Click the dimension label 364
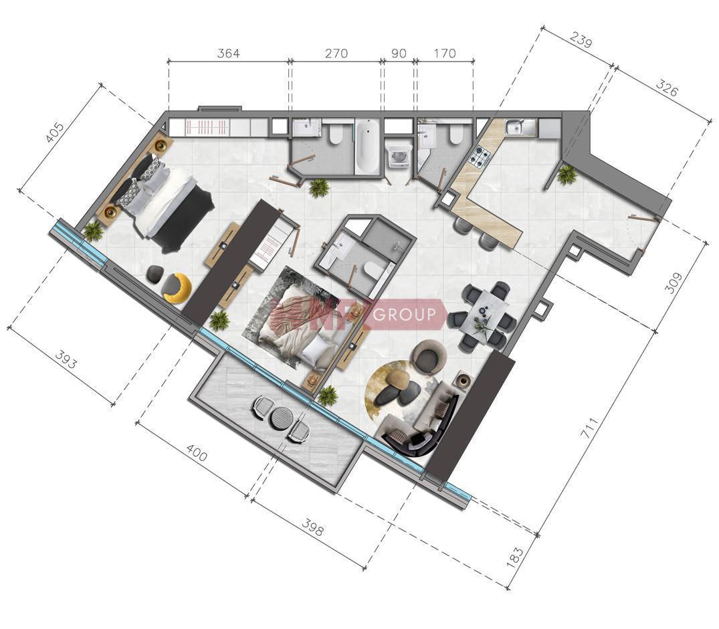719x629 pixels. click(228, 54)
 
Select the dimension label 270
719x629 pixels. click(336, 54)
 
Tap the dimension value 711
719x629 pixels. click(590, 428)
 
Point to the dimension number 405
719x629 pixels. click(56, 132)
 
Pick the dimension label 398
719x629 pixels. click(312, 527)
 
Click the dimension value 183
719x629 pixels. click(516, 556)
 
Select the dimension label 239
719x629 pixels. click(581, 40)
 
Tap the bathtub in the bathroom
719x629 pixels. click(367, 145)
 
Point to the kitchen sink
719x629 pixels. click(520, 128)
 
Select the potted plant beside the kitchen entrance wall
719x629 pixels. click(567, 175)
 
